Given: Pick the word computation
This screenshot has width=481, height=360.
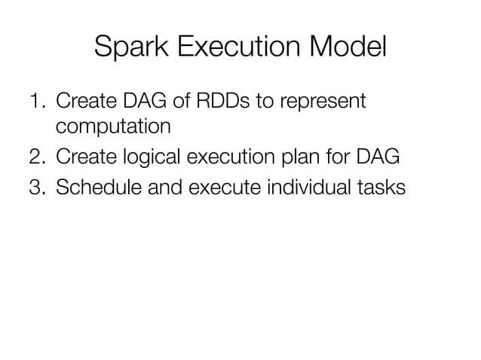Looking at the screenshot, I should point(106,127).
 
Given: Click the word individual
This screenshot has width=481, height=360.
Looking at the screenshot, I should point(308,187).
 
